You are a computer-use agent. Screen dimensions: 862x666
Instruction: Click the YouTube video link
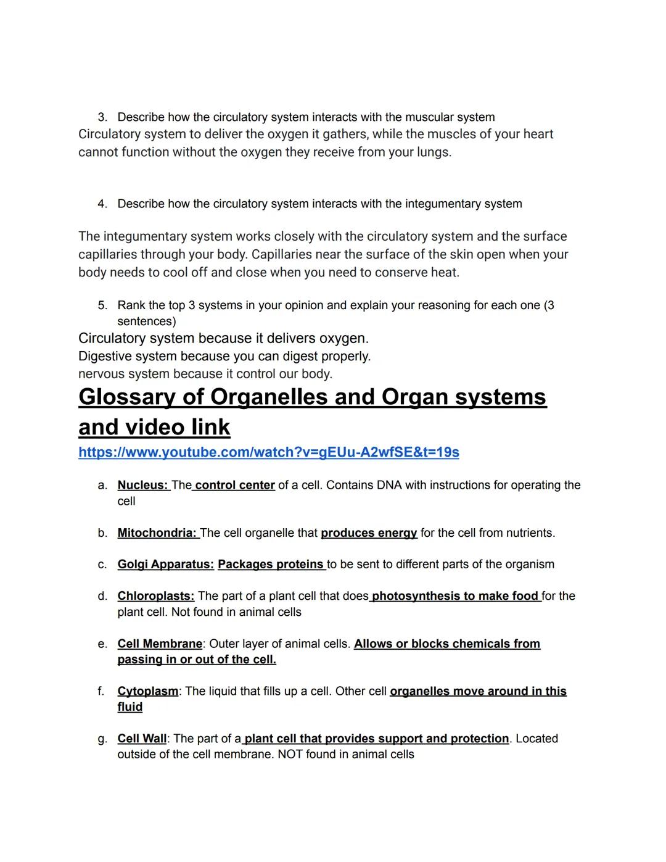268,452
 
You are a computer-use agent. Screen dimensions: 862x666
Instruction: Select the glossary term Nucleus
142,485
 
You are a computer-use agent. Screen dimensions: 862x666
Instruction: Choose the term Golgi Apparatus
165,564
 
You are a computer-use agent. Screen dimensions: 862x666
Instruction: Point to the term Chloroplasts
155,595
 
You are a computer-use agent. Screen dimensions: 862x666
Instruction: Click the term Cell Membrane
160,644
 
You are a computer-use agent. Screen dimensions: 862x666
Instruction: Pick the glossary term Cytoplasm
148,691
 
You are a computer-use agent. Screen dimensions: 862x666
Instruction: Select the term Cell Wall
142,739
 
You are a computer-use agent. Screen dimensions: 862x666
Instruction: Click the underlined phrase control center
234,485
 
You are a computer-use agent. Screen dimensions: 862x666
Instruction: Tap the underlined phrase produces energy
369,533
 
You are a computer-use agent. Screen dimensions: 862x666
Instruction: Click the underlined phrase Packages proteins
271,564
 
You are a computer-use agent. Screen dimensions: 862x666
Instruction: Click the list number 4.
102,204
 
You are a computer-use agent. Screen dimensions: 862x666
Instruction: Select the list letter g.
102,739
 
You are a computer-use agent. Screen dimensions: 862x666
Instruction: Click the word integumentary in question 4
443,204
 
